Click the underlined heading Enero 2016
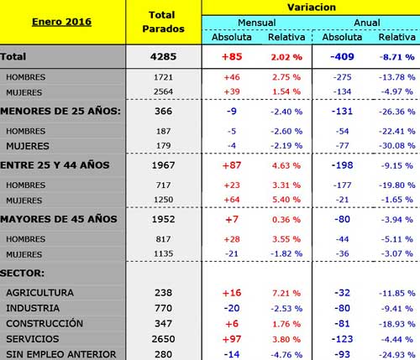pos(61,22)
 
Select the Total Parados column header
pos(163,22)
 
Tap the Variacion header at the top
pos(312,8)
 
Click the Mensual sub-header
pos(257,23)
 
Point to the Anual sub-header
pos(367,23)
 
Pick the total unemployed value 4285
pos(163,57)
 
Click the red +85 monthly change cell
pos(232,57)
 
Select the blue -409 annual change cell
pos(342,57)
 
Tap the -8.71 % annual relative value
pos(397,57)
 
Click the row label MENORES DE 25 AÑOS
pos(60,111)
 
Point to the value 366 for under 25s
pos(163,112)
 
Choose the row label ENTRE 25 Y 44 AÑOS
pos(55,165)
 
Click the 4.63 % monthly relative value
pos(286,165)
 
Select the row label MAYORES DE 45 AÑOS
pos(59,219)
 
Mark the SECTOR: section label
pos(22,273)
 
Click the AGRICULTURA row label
pos(39,293)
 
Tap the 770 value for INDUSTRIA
pos(163,308)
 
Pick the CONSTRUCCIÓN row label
pos(45,323)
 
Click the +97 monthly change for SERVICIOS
pos(232,339)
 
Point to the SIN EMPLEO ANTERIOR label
pos(61,354)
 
